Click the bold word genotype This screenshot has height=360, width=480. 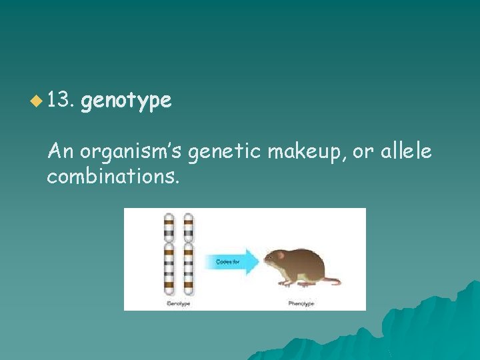[126, 101]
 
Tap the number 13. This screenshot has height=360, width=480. [63, 101]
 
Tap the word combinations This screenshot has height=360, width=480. [113, 177]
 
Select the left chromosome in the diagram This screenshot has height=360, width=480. [169, 255]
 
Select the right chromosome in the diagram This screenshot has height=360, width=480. [188, 255]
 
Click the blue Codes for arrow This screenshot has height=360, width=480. [230, 262]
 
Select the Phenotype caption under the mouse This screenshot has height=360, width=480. [301, 303]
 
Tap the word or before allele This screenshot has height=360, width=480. [363, 153]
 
